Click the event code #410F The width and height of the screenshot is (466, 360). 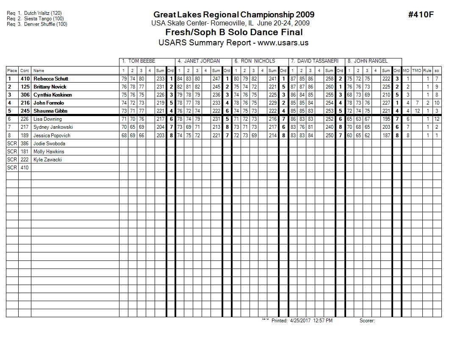(421, 15)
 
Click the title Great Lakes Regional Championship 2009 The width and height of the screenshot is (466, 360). (234, 15)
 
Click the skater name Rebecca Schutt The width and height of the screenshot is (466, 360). (51, 79)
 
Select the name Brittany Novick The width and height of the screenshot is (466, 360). (50, 87)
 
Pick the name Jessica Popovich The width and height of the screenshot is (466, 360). (52, 136)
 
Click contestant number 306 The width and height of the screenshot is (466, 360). (25, 95)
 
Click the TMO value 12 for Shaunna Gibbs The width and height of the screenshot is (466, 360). (417, 111)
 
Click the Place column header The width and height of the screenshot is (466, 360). (12, 71)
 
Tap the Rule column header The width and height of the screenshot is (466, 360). (427, 71)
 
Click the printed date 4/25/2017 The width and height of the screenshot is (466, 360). (300, 321)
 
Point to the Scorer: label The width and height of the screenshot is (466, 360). (367, 321)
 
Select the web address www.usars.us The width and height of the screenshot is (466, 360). (283, 43)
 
